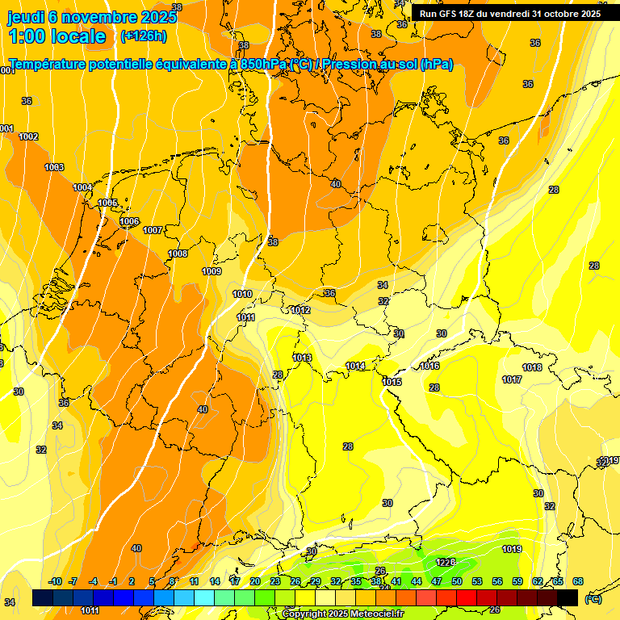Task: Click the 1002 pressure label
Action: pos(28,136)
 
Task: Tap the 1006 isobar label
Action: pos(129,221)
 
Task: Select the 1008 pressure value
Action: pos(178,253)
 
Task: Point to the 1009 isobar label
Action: pos(212,271)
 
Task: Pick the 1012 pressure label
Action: pos(301,310)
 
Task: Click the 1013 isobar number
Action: pos(303,358)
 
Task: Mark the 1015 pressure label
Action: pos(392,382)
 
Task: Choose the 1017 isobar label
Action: pos(512,379)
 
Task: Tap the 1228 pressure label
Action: pos(446,562)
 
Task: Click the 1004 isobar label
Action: pos(82,187)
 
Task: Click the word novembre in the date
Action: pos(104,17)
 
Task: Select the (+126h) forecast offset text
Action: pos(143,36)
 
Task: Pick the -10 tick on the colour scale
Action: pos(55,581)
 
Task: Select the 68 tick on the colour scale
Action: pos(578,581)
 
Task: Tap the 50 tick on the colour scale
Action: pos(457,581)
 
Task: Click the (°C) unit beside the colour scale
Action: pos(593,599)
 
